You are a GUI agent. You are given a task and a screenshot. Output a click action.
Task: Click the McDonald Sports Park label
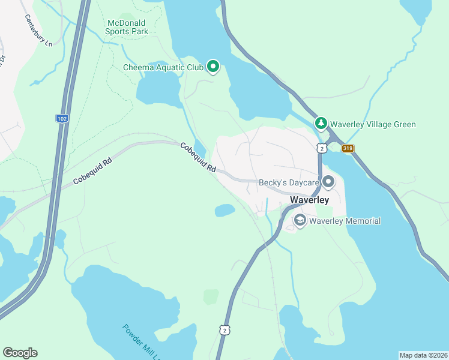click(x=127, y=26)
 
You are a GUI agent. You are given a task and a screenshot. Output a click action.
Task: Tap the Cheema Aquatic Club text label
click(x=163, y=67)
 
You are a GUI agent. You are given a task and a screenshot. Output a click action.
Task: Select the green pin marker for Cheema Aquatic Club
click(x=212, y=67)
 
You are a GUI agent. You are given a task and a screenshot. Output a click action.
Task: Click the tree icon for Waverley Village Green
click(x=321, y=124)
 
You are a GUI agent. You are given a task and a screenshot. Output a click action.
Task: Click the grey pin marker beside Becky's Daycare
click(x=328, y=181)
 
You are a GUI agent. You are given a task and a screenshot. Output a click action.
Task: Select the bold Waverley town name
click(x=309, y=200)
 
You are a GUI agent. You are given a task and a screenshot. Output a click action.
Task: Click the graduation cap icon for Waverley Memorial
click(x=299, y=221)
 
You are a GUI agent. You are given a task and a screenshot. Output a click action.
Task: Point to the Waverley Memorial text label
click(x=345, y=221)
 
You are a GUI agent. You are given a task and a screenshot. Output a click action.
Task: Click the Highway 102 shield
click(x=62, y=118)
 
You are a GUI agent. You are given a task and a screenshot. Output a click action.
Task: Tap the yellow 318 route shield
click(x=348, y=148)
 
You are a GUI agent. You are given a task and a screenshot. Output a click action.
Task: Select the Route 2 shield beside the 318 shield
click(x=322, y=148)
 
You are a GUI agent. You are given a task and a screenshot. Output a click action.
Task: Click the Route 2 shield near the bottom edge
click(x=224, y=330)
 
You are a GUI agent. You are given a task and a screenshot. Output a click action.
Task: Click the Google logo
click(x=20, y=353)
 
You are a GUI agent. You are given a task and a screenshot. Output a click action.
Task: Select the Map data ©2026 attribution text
click(x=423, y=355)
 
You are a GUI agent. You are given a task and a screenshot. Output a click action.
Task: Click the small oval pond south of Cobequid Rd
click(x=224, y=210)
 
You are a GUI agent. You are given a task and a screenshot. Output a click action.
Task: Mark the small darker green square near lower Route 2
click(x=211, y=296)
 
